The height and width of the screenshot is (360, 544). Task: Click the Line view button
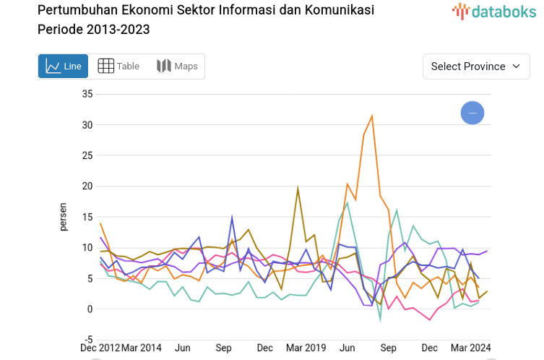[x=64, y=67]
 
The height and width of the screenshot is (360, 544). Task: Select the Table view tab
[x=118, y=67]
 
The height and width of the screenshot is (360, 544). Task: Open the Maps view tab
[x=177, y=67]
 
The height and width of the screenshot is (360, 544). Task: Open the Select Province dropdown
[x=475, y=67]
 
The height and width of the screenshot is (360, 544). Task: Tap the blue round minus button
[x=472, y=113]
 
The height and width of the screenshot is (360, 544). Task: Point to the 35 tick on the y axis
[x=87, y=94]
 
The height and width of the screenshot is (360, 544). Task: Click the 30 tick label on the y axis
[x=87, y=125]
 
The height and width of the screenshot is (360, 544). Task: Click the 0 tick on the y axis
[x=90, y=309]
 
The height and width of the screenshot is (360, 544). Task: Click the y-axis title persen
[x=64, y=217]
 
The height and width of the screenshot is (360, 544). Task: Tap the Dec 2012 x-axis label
[x=100, y=347]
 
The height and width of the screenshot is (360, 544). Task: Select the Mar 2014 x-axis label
[x=141, y=347]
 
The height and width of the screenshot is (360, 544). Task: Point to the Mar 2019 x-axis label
[x=306, y=347]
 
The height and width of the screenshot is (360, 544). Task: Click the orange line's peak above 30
[x=372, y=116]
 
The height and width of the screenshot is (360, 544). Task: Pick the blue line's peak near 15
[x=232, y=217]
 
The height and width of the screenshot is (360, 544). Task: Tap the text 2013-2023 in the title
[x=121, y=30]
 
